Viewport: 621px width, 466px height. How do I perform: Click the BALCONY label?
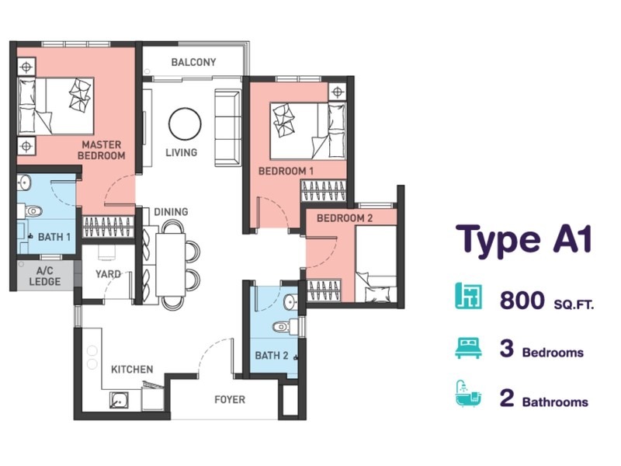193,62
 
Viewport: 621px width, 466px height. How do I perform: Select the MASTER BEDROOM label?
102,150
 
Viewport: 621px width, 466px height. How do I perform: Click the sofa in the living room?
228,127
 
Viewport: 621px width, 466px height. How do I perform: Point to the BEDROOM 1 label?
286,171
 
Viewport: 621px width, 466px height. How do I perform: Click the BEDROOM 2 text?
345,218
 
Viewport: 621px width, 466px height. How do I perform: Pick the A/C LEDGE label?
45,276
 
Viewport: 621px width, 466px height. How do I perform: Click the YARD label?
107,274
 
